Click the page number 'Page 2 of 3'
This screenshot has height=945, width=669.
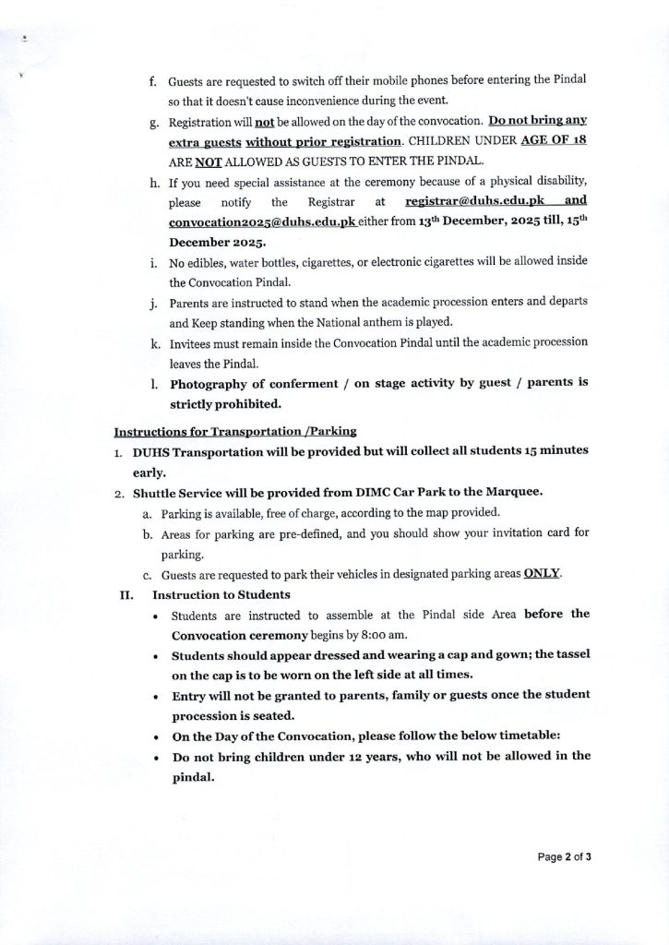coord(565,856)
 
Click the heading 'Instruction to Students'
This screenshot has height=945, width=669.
coord(221,594)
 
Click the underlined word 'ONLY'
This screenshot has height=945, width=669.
coord(543,573)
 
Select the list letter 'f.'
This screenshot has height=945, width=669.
coord(153,81)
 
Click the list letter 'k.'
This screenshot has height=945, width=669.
coord(154,342)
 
